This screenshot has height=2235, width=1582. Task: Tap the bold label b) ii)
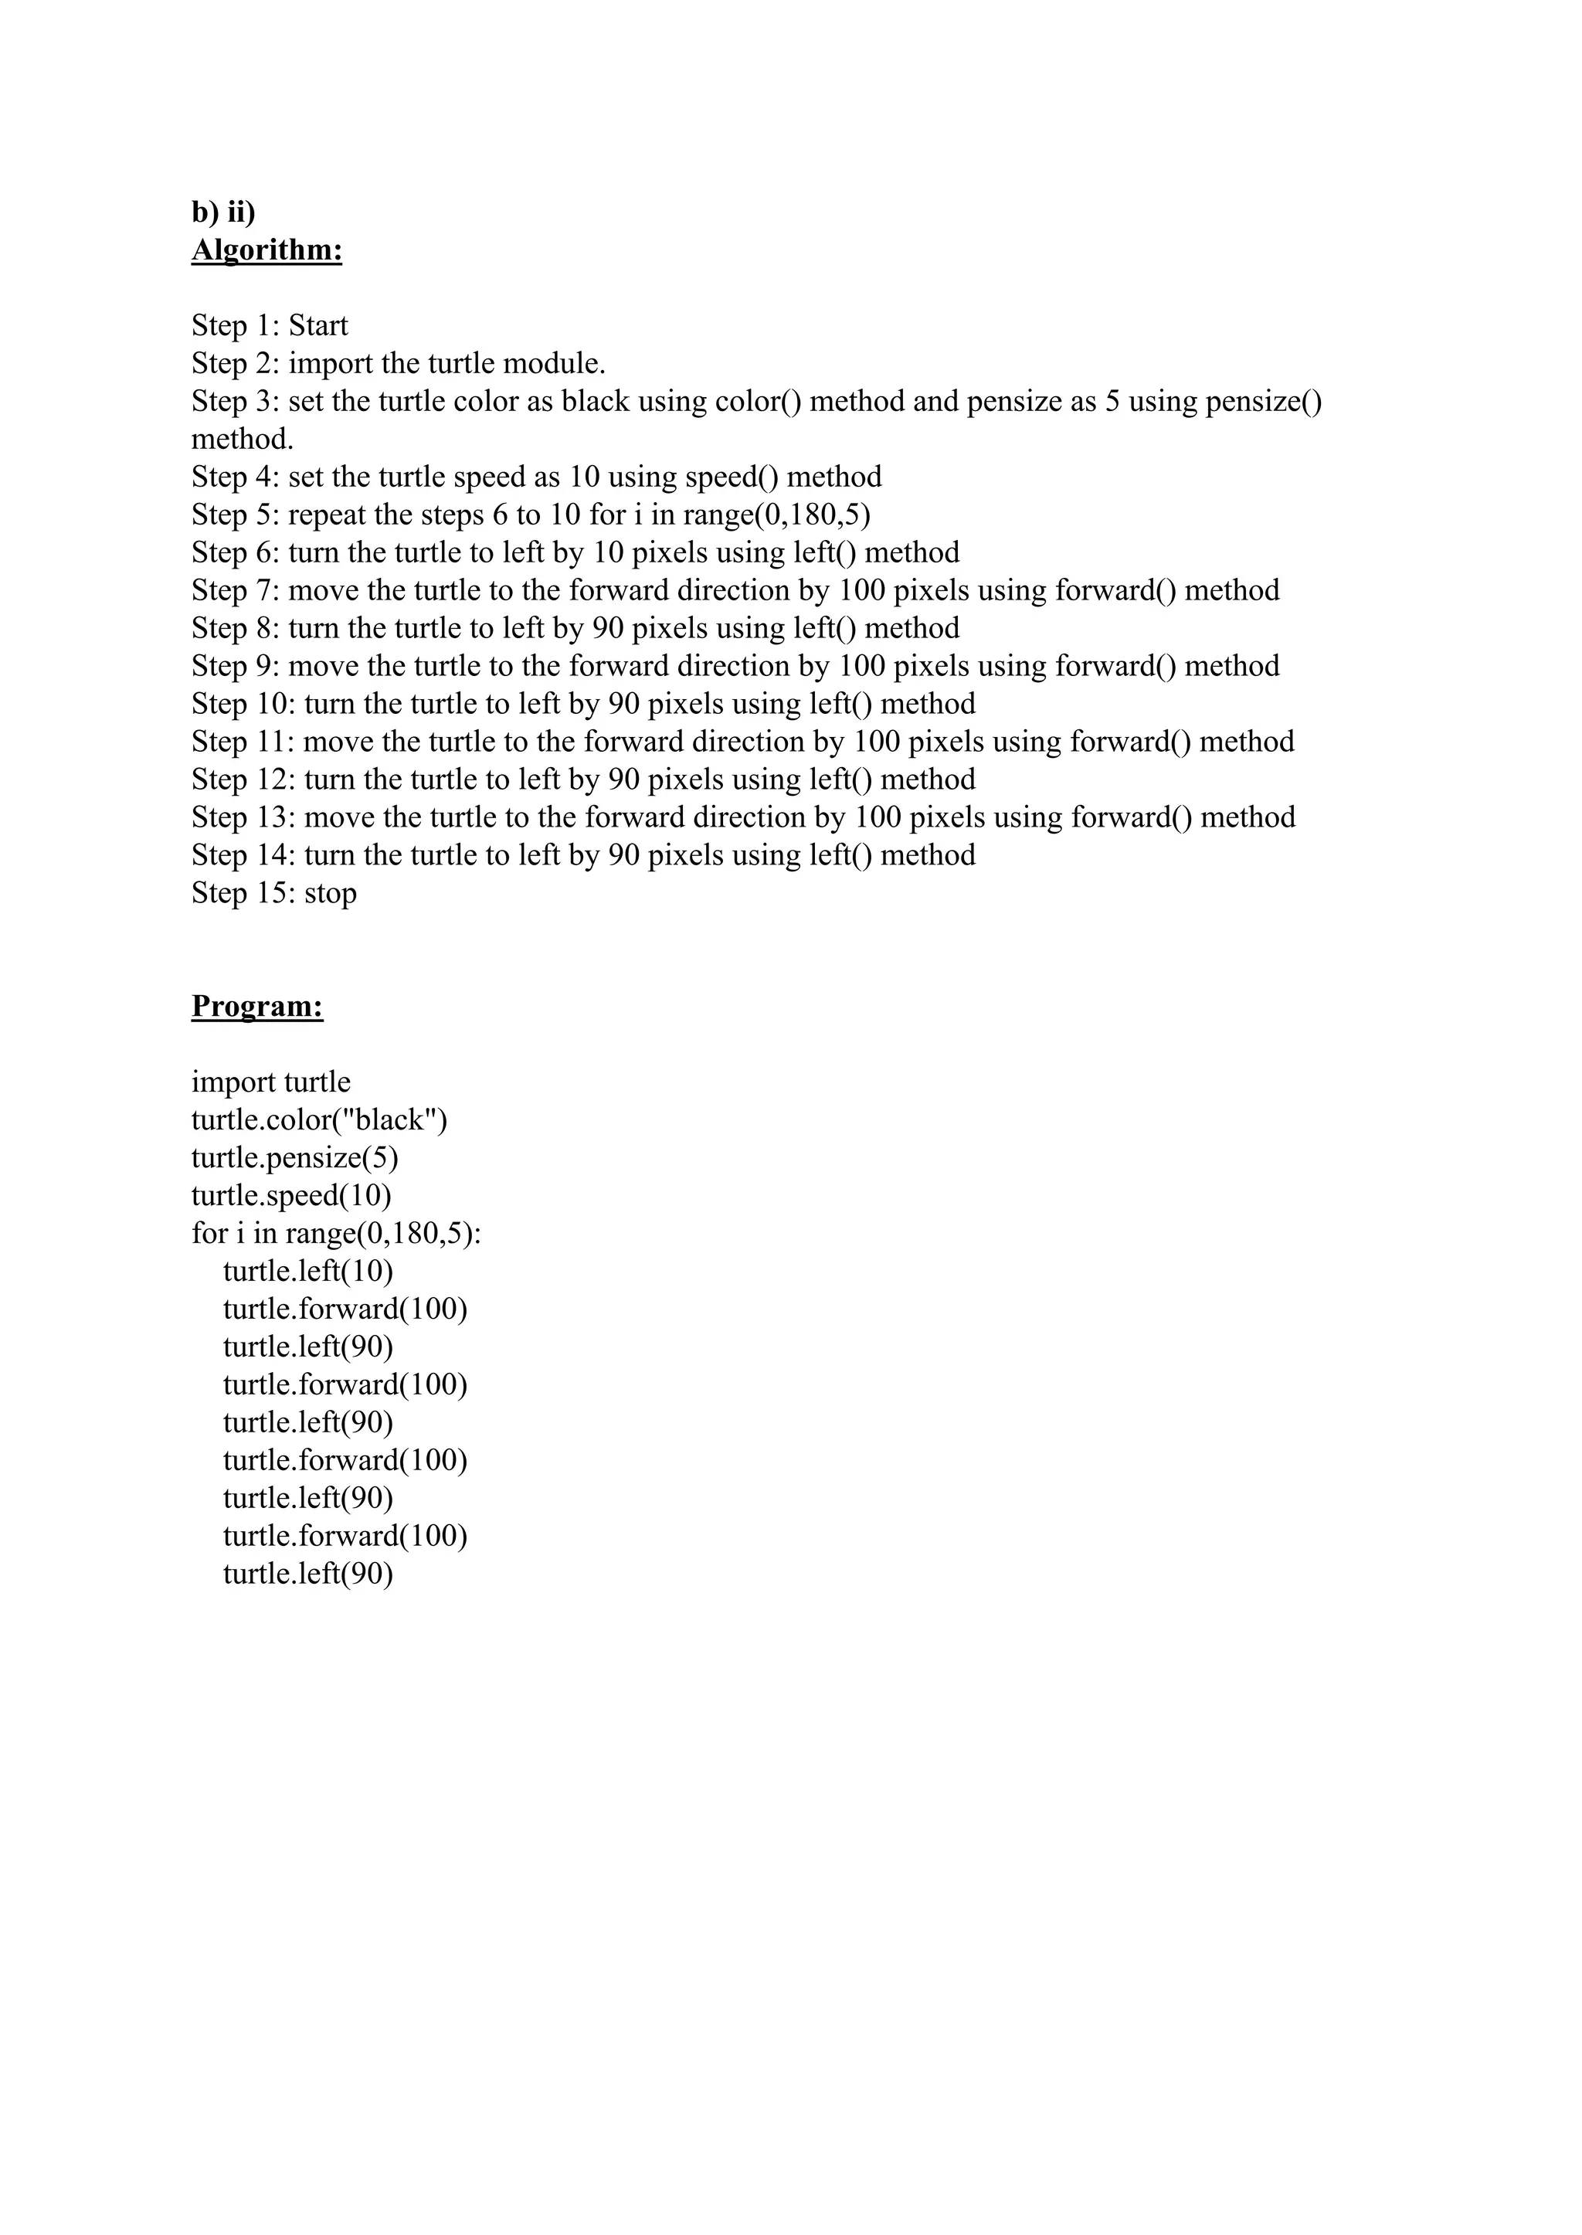click(x=223, y=212)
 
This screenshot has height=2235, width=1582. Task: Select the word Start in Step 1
click(x=317, y=325)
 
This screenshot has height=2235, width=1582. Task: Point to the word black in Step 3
click(x=596, y=402)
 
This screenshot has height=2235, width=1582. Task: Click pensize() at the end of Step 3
click(x=1264, y=402)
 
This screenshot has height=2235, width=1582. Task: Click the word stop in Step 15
click(x=331, y=892)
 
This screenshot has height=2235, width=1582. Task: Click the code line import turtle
click(x=271, y=1082)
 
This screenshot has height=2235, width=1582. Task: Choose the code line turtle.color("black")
click(x=320, y=1119)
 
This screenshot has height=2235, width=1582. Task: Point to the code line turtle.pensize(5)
click(x=295, y=1157)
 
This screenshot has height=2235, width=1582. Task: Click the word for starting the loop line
click(x=209, y=1234)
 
